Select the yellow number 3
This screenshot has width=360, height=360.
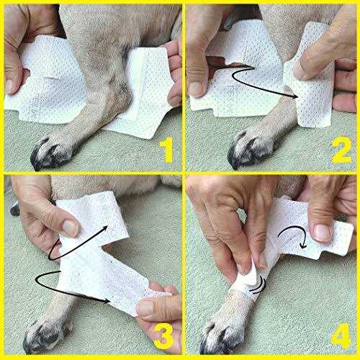[x=164, y=336]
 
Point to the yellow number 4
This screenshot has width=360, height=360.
[x=341, y=336]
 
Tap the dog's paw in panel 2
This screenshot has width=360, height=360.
[x=251, y=149]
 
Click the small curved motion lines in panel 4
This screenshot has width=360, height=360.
[x=257, y=287]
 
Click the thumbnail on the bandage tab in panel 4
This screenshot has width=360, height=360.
[x=323, y=233]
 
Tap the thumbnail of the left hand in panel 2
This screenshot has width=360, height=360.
[x=197, y=89]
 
